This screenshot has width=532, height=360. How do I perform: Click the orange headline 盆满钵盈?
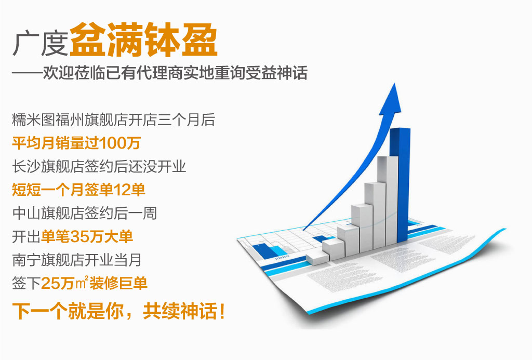point(143,42)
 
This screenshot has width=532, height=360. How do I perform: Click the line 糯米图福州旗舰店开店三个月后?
point(113,120)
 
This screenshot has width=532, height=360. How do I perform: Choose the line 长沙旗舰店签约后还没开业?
point(99,167)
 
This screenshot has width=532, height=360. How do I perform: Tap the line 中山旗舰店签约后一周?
point(84,213)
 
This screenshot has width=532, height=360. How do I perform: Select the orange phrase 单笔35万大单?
point(87,236)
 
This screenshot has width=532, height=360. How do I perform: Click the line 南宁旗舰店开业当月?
point(77,259)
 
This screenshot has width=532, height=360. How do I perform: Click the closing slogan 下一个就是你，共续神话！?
point(118,311)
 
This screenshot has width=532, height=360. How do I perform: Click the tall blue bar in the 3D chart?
point(400,184)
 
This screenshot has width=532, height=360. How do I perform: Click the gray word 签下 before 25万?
point(26,283)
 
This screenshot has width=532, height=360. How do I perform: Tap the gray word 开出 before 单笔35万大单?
point(26,236)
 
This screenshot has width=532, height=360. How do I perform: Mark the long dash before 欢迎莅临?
point(26,73)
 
